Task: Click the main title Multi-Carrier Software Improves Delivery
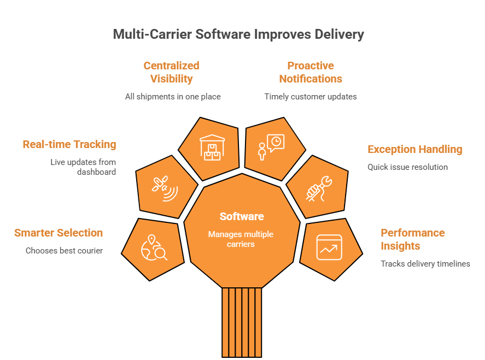tap(238, 34)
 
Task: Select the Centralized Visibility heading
tap(171, 72)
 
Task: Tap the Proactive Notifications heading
tap(311, 72)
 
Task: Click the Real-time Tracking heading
tap(69, 145)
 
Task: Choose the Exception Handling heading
tap(415, 149)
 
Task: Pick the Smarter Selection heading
tap(59, 233)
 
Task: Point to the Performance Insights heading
tap(412, 239)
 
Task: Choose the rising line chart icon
tap(329, 247)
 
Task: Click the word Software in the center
tap(241, 216)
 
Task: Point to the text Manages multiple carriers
tap(241, 239)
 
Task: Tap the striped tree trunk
tap(242, 322)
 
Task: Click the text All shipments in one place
tap(172, 97)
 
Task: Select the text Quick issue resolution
tap(407, 167)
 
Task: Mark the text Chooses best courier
tap(64, 251)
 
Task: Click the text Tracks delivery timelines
tap(425, 264)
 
